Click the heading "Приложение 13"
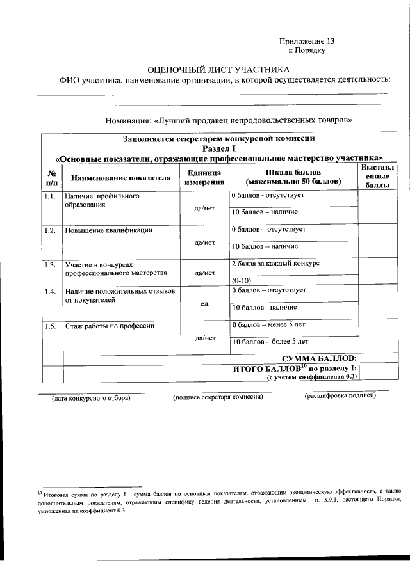click(307, 40)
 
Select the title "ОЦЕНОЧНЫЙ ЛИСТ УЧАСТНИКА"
click(218, 69)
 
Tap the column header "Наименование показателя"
click(121, 178)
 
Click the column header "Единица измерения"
click(204, 178)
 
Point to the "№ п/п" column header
click(52, 178)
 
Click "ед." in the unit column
click(205, 303)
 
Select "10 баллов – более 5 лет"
click(270, 342)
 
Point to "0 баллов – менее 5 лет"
click(269, 325)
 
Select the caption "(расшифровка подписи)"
click(340, 395)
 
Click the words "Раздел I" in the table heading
click(220, 148)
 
